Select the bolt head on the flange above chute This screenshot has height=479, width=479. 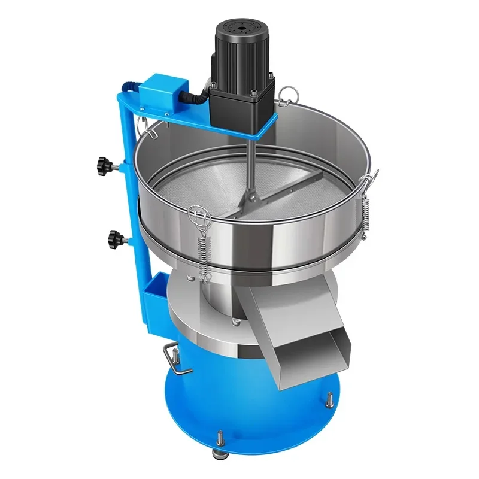[237, 325]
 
